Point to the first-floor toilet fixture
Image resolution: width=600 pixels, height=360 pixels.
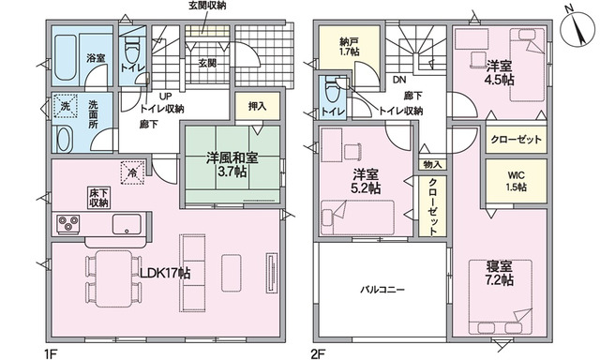(x=131, y=49)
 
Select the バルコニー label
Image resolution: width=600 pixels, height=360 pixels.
(x=382, y=290)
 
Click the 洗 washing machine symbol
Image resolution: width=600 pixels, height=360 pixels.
(x=65, y=106)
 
